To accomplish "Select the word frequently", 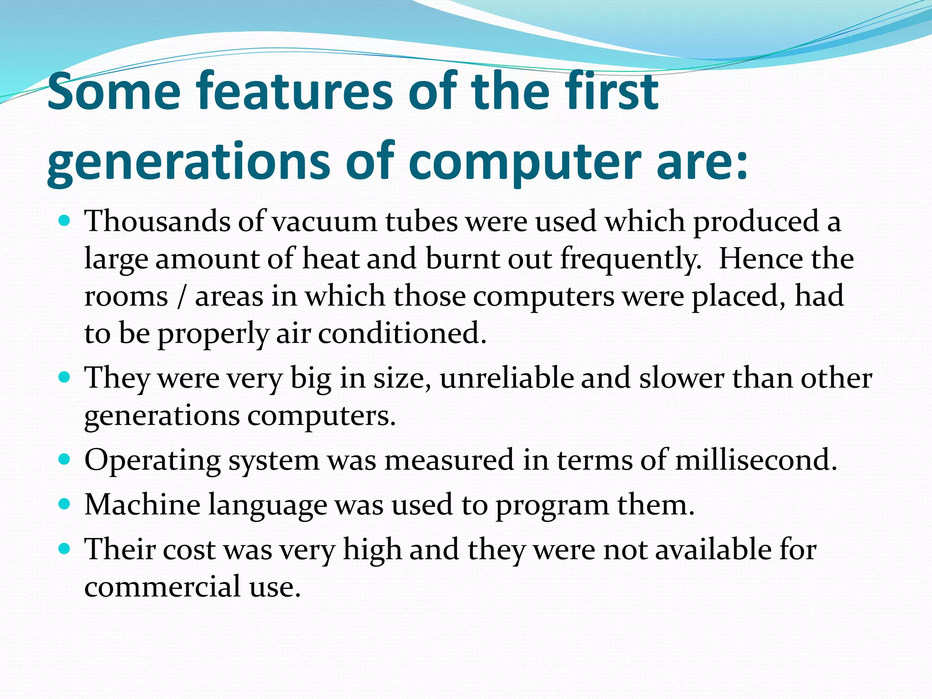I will coord(630,259).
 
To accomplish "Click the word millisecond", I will coord(755,460).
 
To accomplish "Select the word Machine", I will coord(142,505).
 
